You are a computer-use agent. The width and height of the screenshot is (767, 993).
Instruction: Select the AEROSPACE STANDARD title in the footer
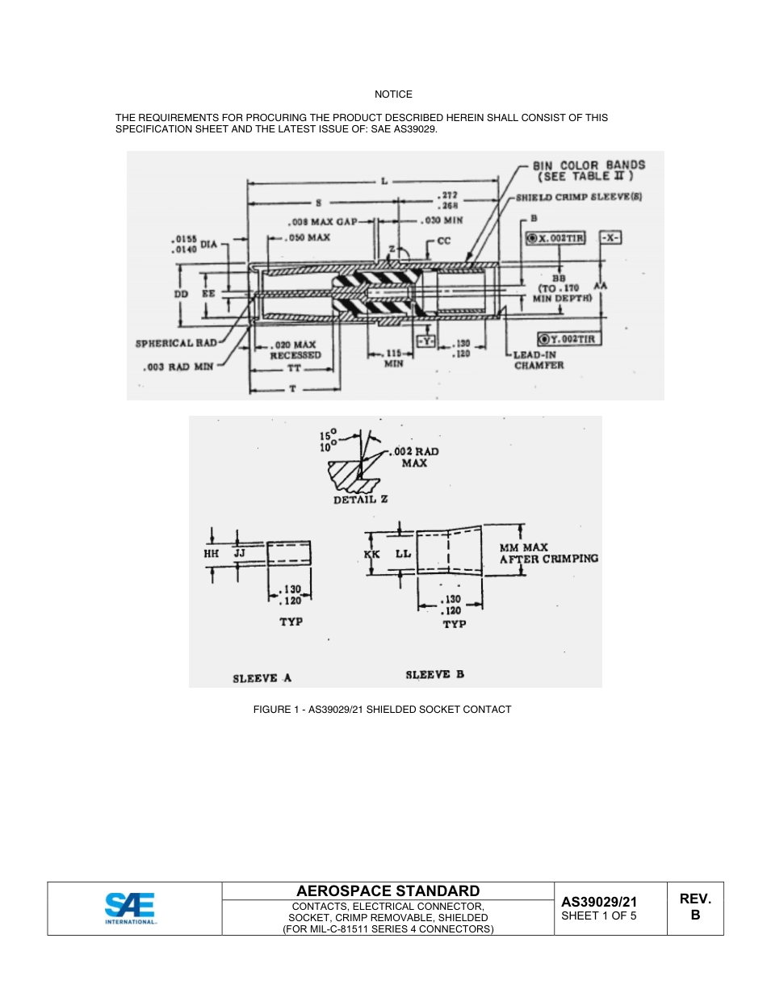click(x=388, y=891)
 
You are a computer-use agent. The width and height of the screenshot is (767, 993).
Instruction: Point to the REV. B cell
click(x=695, y=907)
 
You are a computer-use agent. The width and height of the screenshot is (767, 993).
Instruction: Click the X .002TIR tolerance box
click(x=555, y=238)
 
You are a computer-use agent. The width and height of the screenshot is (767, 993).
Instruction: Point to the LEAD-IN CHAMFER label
click(x=539, y=360)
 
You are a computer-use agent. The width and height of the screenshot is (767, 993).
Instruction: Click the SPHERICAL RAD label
click(x=175, y=343)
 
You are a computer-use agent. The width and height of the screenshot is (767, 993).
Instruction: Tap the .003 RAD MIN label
click(x=185, y=366)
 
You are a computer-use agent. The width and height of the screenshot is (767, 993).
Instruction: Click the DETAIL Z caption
click(x=361, y=499)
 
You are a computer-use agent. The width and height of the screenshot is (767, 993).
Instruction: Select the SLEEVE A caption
click(x=262, y=678)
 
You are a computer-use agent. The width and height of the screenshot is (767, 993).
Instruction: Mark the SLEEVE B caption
click(x=434, y=674)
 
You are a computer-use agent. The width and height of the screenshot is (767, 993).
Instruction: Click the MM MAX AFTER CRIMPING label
click(x=548, y=553)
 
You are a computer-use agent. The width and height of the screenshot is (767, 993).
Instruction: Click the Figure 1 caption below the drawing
click(x=382, y=710)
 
